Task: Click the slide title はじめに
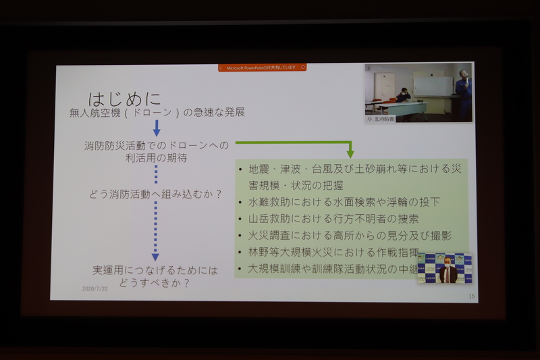click(125, 99)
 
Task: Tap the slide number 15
click(471, 296)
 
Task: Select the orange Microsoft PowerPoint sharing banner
click(262, 68)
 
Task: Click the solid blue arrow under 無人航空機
click(156, 128)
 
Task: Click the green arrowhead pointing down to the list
click(350, 153)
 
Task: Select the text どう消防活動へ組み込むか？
click(155, 194)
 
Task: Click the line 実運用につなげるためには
click(155, 270)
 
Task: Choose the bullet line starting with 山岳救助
click(333, 219)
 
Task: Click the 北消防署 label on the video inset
click(384, 118)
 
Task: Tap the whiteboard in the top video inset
click(433, 86)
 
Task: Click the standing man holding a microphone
click(463, 91)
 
